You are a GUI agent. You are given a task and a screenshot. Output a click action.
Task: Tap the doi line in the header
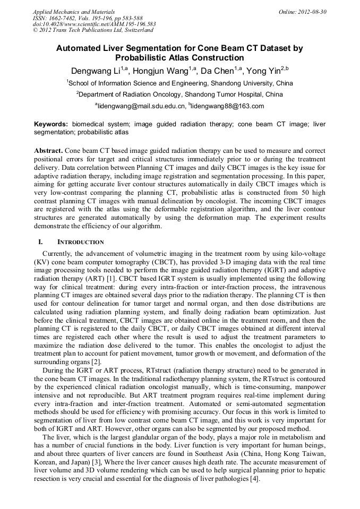[94, 24]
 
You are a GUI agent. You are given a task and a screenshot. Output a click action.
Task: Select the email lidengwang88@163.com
[228, 106]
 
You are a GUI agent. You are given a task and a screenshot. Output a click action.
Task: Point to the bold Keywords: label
[51, 124]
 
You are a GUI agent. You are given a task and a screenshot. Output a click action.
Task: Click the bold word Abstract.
[48, 151]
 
